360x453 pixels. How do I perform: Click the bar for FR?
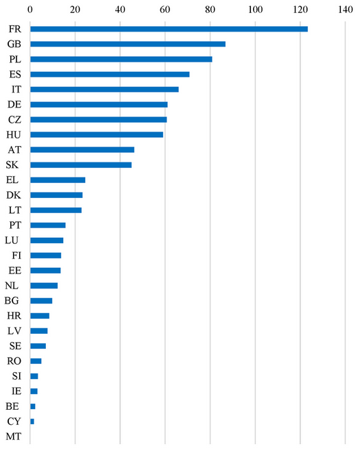click(169, 29)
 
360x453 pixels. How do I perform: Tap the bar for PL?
click(121, 59)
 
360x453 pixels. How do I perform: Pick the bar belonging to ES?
click(110, 74)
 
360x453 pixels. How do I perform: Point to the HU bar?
click(97, 134)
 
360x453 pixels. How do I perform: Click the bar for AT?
click(82, 149)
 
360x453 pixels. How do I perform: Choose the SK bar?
click(81, 165)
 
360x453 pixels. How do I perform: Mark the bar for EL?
click(58, 180)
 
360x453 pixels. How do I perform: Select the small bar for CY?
click(32, 421)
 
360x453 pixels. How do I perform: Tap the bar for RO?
click(36, 361)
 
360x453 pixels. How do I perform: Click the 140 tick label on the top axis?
click(345, 10)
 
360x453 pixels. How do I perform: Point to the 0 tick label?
click(30, 10)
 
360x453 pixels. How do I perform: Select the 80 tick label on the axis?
click(211, 10)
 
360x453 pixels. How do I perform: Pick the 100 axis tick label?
click(255, 10)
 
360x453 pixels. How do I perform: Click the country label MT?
click(14, 437)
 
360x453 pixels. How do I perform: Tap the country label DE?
click(14, 104)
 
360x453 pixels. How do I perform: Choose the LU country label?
click(12, 240)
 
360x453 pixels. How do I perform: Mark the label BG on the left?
click(12, 300)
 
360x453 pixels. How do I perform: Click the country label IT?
click(16, 89)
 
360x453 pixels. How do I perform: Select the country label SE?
click(15, 346)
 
